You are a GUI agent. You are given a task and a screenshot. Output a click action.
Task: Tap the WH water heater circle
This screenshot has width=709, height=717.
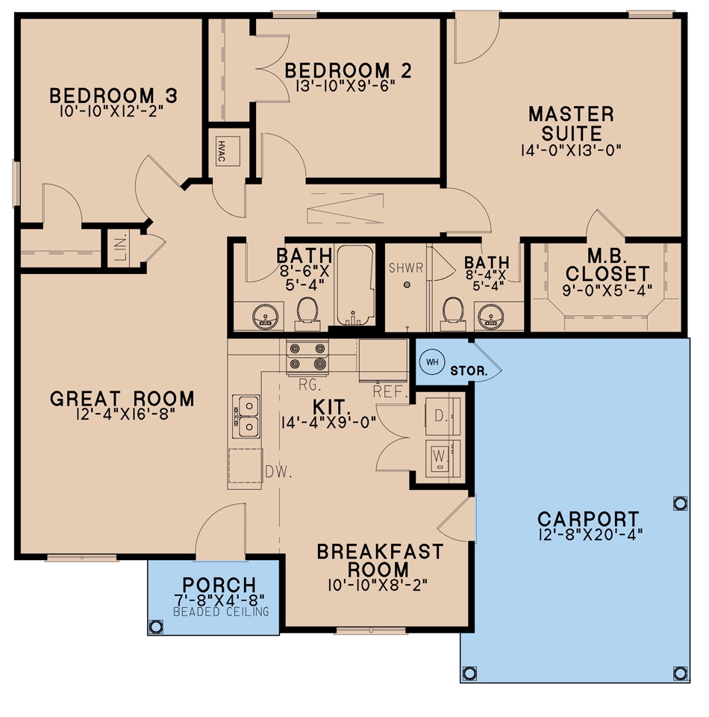[431, 362]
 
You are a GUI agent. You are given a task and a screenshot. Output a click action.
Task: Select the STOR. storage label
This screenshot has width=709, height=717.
[469, 370]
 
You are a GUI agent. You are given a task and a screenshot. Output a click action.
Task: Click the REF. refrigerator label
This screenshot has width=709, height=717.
[389, 391]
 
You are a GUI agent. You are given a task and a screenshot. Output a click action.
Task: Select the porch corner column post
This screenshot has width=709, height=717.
[155, 626]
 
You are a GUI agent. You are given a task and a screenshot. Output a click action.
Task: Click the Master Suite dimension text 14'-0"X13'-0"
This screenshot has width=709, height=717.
[571, 150]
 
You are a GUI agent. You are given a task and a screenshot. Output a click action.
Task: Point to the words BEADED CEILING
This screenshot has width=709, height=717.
[214, 612]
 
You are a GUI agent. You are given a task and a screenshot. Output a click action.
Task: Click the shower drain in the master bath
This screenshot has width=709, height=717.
[407, 285]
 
